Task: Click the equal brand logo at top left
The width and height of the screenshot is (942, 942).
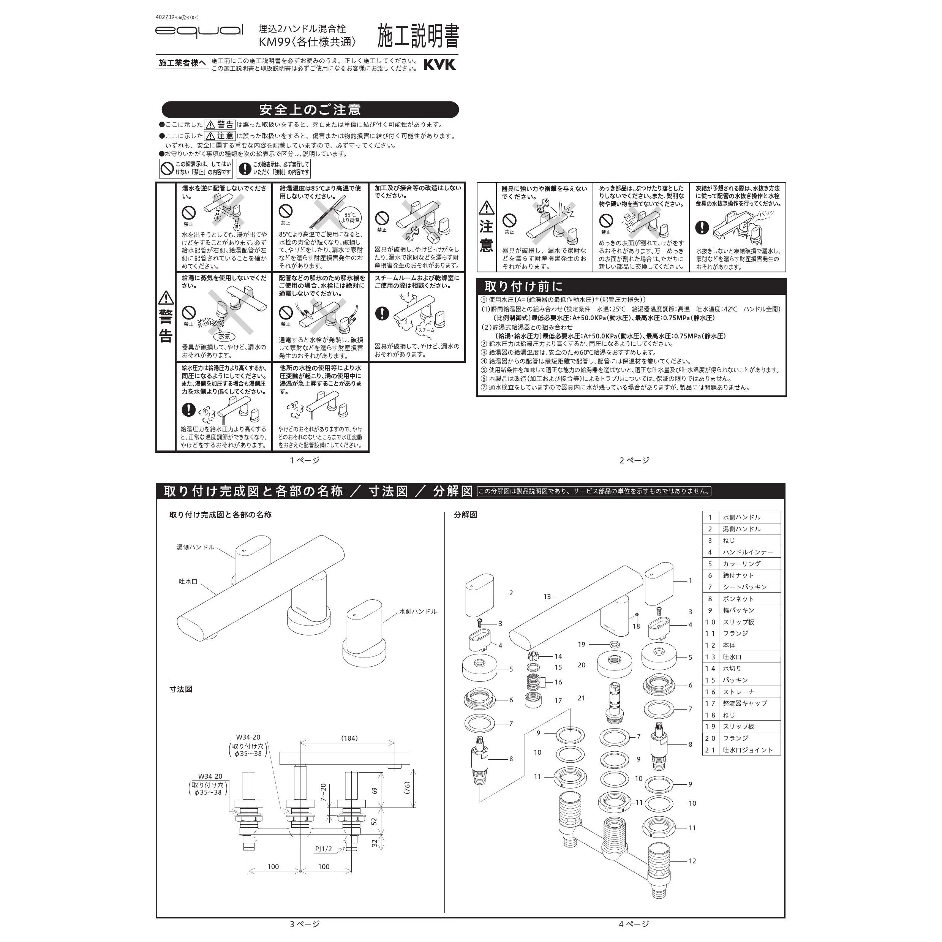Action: [x=199, y=31]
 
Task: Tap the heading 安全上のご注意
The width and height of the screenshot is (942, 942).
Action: [x=310, y=110]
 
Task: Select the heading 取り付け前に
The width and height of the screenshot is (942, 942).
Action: [x=524, y=286]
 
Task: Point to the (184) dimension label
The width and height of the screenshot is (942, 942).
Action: [x=349, y=738]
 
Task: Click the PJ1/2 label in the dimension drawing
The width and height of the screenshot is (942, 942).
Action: [x=323, y=849]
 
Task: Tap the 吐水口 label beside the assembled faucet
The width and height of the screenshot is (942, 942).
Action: [x=188, y=581]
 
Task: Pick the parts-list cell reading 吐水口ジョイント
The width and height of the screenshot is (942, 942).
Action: [x=748, y=750]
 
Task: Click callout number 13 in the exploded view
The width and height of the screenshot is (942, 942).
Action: [x=547, y=596]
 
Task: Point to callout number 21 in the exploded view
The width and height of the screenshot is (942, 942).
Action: [x=581, y=698]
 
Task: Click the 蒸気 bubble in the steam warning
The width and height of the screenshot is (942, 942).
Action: [x=224, y=337]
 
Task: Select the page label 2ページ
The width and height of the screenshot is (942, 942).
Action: [x=634, y=460]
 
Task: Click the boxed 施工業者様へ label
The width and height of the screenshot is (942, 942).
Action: [x=182, y=63]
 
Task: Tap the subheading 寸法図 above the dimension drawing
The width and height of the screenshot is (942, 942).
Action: [x=181, y=689]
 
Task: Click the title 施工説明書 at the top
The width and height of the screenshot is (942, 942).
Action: [x=418, y=36]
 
